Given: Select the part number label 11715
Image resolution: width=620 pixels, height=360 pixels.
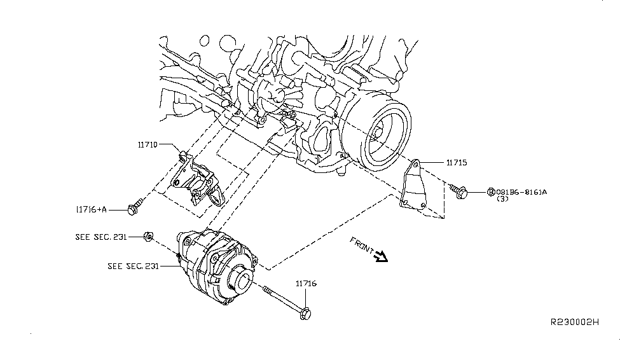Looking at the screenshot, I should tap(456, 163).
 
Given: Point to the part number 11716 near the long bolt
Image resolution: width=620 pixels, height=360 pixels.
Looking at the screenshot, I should tap(306, 283).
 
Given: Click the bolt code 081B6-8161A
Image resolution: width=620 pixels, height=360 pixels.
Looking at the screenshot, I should tap(525, 191).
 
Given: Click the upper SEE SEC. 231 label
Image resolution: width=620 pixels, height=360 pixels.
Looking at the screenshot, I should tap(100, 237).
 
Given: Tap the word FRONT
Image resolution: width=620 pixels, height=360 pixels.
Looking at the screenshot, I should tap(362, 246).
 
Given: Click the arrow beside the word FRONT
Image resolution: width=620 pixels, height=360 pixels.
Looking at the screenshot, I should tap(382, 257).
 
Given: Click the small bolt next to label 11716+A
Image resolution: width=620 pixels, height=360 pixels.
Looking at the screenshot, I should tap(135, 205).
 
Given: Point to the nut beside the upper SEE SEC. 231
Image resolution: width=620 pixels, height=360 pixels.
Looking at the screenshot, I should tap(148, 237).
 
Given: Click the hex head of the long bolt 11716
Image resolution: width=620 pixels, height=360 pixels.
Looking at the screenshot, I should tap(305, 312).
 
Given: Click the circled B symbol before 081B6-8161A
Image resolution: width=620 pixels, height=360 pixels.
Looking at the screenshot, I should tap(491, 191).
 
